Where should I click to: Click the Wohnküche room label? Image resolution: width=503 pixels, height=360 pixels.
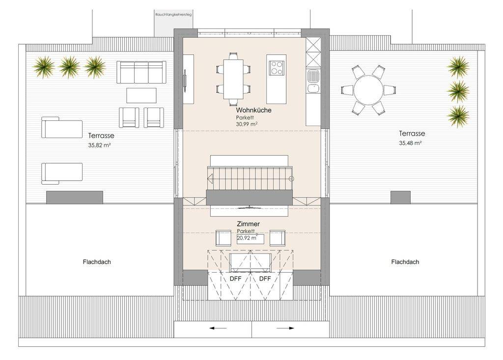(253, 110)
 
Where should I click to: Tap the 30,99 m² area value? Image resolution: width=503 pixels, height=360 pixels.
(247, 124)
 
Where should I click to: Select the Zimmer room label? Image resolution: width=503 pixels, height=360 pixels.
(248, 223)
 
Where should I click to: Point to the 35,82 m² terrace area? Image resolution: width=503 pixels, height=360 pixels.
(99, 145)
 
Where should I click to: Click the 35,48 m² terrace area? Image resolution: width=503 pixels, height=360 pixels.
(410, 143)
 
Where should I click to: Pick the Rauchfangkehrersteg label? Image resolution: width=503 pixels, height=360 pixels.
(173, 14)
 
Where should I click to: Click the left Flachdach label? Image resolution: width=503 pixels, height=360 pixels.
(97, 262)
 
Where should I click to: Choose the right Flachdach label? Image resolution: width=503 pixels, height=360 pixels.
(405, 262)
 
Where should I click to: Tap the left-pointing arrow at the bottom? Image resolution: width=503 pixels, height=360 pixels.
(218, 328)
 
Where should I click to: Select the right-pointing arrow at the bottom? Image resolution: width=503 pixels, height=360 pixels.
(285, 328)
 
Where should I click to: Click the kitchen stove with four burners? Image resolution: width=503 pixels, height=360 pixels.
(276, 68)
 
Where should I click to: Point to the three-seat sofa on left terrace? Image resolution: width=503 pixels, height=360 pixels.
(141, 72)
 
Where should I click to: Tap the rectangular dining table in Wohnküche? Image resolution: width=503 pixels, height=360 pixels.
(233, 79)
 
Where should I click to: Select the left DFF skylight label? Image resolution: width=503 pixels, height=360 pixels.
(235, 278)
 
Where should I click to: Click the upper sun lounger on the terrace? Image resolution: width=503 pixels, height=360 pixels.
(61, 127)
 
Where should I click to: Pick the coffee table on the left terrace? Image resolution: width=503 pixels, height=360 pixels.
(141, 95)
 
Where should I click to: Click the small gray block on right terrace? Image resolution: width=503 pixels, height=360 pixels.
(400, 197)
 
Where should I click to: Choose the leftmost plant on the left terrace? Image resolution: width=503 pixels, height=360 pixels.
(44, 67)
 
